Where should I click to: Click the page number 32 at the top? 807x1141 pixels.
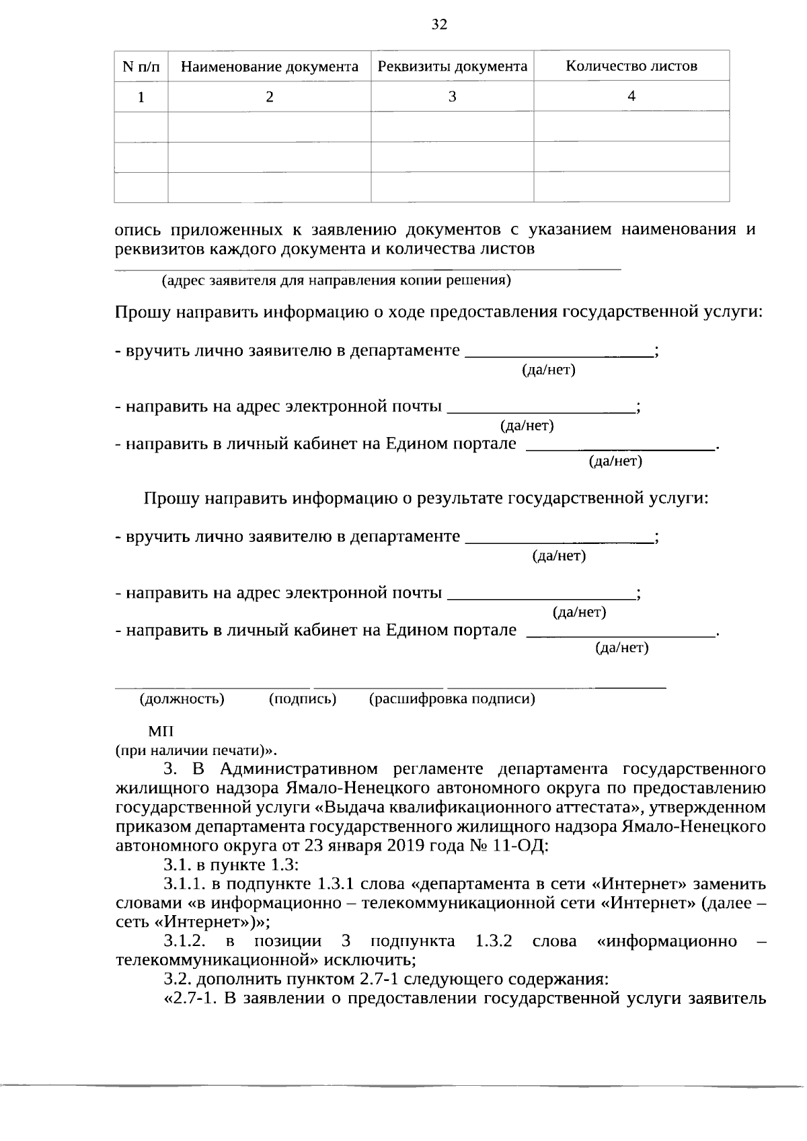(x=438, y=25)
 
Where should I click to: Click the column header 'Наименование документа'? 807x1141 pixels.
(x=270, y=67)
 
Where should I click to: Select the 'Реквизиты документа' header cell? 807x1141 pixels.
(x=452, y=67)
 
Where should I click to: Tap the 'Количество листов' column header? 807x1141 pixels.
(x=631, y=66)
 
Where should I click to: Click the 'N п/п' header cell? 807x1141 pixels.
(x=141, y=67)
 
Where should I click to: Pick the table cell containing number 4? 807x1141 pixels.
(x=631, y=96)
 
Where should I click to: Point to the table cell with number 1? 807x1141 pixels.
(x=141, y=97)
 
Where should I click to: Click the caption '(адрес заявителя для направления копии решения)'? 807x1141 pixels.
(x=336, y=280)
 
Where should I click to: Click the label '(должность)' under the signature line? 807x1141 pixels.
(x=182, y=699)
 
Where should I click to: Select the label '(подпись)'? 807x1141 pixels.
(x=303, y=699)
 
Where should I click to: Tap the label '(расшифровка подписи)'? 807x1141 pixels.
(x=452, y=699)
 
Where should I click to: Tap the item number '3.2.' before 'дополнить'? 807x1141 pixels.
(x=178, y=978)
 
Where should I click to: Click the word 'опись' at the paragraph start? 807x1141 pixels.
(x=138, y=230)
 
